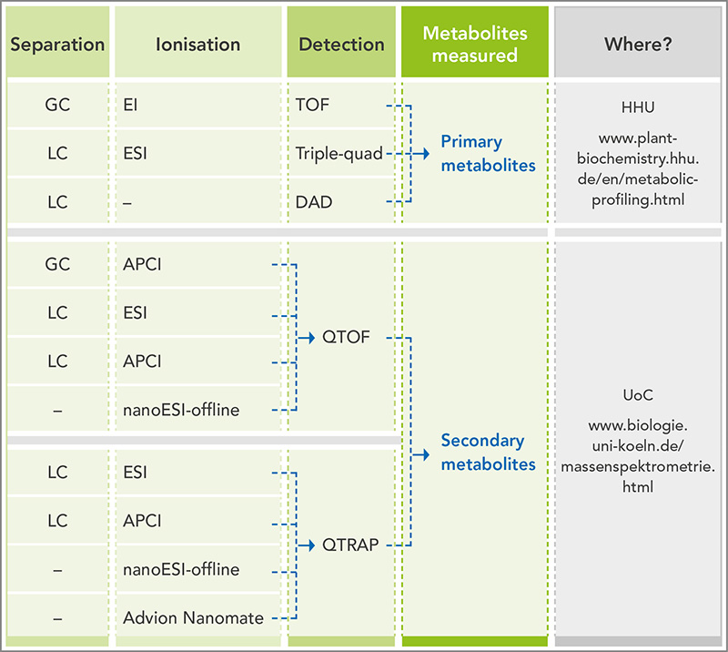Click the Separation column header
(57, 45)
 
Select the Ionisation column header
(197, 45)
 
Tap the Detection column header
(341, 45)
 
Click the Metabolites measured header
(474, 44)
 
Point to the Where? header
(638, 44)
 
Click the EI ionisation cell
(130, 105)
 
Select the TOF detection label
(312, 105)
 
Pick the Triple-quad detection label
(339, 153)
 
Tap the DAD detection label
(314, 202)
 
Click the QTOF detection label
(346, 337)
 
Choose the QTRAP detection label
(350, 545)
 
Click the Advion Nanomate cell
(193, 618)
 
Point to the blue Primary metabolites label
(488, 153)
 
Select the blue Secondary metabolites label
(488, 453)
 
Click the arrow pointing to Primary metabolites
(420, 153)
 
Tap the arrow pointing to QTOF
(306, 338)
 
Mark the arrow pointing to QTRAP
(306, 545)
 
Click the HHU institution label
(638, 107)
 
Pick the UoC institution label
(638, 395)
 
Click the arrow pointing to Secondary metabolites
(420, 454)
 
